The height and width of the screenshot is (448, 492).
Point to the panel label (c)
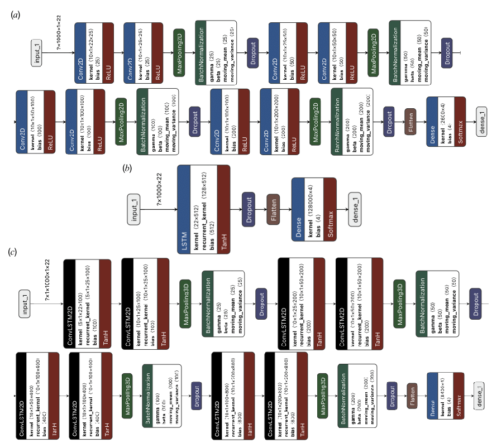12,252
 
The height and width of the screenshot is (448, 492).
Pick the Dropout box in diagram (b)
248,210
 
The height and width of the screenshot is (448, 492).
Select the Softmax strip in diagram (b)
330,209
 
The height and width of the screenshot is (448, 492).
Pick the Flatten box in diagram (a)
410,122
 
